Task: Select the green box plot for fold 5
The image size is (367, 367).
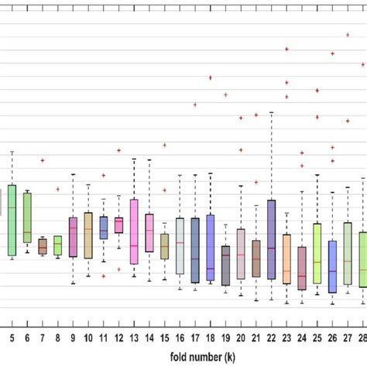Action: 12,219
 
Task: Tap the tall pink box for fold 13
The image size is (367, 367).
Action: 134,232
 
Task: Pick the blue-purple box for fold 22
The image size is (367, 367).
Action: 271,239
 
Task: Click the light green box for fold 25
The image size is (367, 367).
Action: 317,253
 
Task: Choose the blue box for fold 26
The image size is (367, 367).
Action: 332,266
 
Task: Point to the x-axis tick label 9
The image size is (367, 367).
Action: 73,338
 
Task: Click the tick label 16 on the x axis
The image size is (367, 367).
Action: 180,338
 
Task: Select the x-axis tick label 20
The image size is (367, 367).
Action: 241,338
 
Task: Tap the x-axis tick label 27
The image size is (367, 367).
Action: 348,338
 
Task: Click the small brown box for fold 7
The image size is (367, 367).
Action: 43,246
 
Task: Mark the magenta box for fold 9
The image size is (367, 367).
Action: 73,237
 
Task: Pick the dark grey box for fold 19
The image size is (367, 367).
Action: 225,266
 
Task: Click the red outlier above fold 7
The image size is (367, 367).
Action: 43,160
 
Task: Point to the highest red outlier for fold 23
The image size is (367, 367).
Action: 286,49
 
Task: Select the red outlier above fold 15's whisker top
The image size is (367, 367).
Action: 164,145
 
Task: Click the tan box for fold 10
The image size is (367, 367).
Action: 88,235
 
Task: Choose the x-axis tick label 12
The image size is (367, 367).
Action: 118,338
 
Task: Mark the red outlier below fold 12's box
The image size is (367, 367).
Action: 118,269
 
